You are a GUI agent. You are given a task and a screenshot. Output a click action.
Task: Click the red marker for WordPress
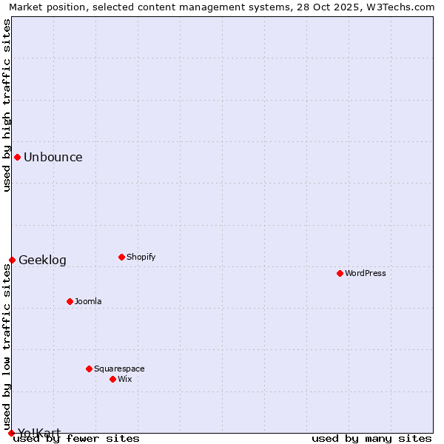tap(340, 273)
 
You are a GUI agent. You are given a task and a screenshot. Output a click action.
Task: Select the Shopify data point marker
tap(121, 257)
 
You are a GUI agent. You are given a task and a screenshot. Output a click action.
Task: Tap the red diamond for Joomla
tap(70, 301)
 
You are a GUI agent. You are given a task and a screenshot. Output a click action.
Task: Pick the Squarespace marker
tap(89, 369)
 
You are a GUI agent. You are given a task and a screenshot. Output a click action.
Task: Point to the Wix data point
tap(112, 379)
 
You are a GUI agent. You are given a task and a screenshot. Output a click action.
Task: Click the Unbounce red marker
tap(17, 157)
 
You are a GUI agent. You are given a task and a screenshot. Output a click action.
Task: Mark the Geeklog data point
tap(12, 260)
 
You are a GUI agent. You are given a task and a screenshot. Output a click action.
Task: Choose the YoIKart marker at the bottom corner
tap(11, 433)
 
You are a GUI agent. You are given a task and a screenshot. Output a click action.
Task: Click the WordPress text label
tap(366, 273)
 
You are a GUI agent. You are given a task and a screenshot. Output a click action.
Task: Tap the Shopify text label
tap(141, 257)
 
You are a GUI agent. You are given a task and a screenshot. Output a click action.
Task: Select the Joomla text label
tap(88, 301)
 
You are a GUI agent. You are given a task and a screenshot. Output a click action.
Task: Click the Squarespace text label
tap(119, 369)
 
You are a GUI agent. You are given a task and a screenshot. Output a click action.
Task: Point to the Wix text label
tap(124, 379)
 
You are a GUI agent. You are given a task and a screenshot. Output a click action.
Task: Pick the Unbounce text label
tap(53, 157)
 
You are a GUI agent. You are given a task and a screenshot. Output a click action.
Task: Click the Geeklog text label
tap(42, 260)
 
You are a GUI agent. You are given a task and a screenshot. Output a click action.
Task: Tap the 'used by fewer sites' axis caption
tap(77, 438)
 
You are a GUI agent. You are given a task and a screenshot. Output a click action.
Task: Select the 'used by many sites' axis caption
tap(371, 438)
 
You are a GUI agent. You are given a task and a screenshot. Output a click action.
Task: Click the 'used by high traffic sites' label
tap(7, 105)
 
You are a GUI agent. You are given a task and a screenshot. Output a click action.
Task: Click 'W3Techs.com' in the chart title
tap(405, 7)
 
